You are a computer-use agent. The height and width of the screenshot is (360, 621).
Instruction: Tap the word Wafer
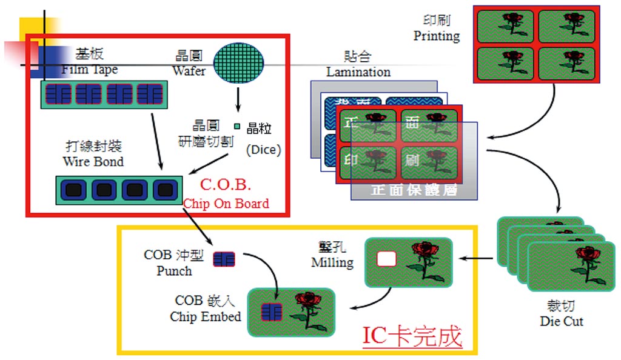pyautogui.click(x=189, y=71)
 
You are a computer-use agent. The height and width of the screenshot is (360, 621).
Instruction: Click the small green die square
pyautogui.click(x=238, y=127)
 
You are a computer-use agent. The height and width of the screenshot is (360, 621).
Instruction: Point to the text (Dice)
pyautogui.click(x=263, y=150)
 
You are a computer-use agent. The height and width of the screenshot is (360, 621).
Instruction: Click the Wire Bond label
pyautogui.click(x=93, y=162)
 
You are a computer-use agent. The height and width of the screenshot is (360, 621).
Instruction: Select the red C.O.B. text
pyautogui.click(x=225, y=184)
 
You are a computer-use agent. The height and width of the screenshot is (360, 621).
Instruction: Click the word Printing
pyautogui.click(x=437, y=36)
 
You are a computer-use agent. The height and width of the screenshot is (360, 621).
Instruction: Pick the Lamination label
pyautogui.click(x=358, y=72)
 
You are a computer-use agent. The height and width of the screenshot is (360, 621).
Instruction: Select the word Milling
pyautogui.click(x=332, y=262)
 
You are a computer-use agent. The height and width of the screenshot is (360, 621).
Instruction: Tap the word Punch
pyautogui.click(x=174, y=271)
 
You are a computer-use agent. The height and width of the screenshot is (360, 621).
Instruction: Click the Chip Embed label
pyautogui.click(x=205, y=316)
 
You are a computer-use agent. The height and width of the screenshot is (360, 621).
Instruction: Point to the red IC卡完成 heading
pyautogui.click(x=412, y=336)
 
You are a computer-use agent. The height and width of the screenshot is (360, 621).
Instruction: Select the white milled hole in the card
pyautogui.click(x=386, y=259)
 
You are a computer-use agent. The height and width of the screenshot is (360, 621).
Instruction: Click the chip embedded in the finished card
pyautogui.click(x=271, y=312)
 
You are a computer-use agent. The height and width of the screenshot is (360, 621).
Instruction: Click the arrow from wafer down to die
pyautogui.click(x=238, y=100)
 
